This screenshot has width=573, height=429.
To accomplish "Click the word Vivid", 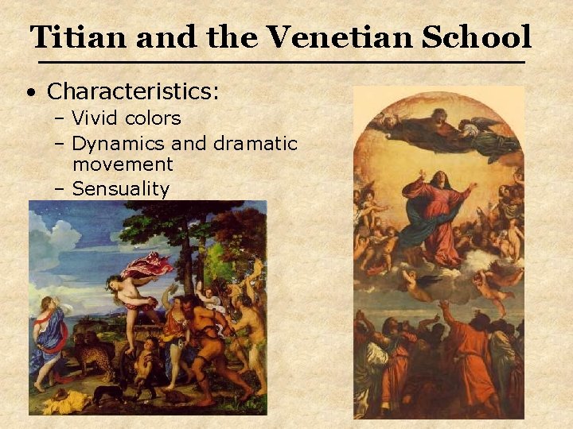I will [x=94, y=119].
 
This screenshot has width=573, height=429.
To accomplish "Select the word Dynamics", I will [x=119, y=144].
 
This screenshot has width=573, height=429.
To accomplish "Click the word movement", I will [x=123, y=164].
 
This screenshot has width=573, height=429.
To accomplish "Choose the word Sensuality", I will [x=120, y=189].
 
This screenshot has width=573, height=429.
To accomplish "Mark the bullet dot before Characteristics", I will [x=29, y=93].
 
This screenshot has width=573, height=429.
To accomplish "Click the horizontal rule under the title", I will [x=282, y=63].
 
